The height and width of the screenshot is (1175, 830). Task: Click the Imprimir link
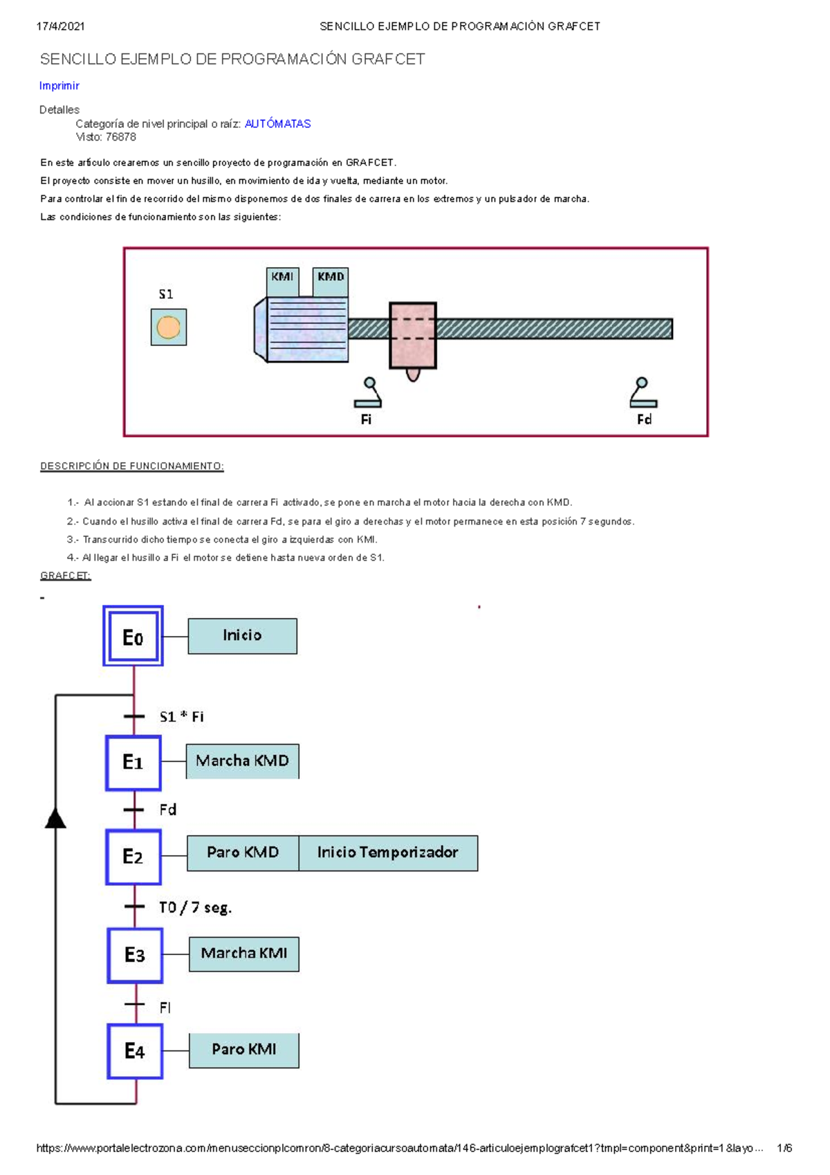tap(59, 86)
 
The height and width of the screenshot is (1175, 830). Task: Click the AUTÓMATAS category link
tap(277, 124)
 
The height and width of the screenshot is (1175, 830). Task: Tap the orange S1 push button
tap(168, 327)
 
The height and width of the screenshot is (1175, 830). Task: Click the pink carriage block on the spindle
tap(412, 336)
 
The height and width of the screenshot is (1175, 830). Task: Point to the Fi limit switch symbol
tap(369, 393)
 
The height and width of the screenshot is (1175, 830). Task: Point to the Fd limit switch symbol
tap(643, 392)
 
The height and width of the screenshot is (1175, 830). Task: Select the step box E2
tap(133, 857)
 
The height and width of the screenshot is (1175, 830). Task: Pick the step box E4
tap(135, 1051)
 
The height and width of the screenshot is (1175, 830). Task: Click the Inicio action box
tap(242, 636)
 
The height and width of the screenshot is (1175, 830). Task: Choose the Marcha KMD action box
tap(242, 761)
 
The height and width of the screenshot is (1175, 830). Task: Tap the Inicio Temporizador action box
tap(388, 853)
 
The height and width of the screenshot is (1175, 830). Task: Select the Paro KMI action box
tap(243, 1050)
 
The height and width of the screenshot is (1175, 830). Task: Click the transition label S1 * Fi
tap(181, 717)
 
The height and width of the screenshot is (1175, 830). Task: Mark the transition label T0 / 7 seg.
tap(195, 907)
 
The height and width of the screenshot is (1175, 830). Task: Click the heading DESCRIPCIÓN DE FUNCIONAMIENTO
tap(131, 466)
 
